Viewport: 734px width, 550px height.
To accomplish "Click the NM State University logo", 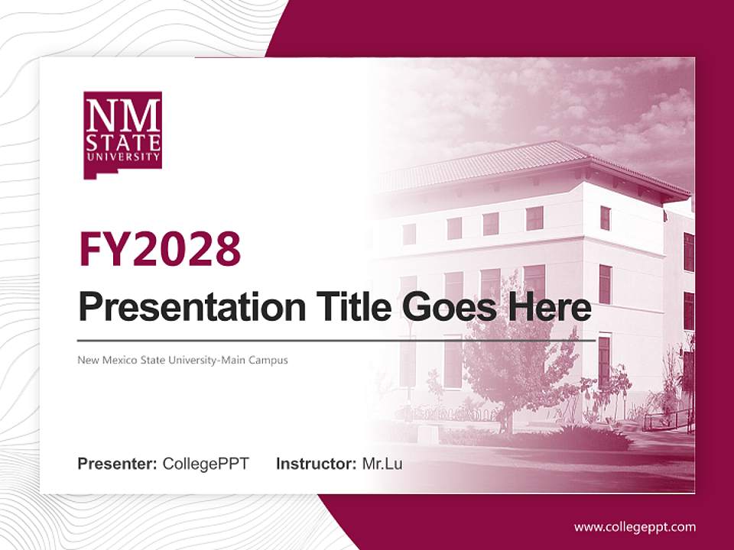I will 122,134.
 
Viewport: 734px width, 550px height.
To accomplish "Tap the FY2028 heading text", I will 160,248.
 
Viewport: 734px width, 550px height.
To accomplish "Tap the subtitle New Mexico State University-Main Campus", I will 183,360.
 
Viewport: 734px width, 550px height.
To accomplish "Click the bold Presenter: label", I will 118,463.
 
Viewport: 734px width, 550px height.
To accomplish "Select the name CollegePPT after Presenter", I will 206,463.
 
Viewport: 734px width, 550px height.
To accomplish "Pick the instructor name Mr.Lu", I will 382,463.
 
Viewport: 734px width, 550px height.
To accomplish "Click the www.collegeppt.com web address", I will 635,526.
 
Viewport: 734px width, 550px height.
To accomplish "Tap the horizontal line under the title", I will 336,340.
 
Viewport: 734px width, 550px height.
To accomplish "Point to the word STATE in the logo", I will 122,143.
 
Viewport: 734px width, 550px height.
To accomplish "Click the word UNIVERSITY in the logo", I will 122,157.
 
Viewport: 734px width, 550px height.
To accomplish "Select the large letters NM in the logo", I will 122,117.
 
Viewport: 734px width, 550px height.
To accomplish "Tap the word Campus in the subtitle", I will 271,360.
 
